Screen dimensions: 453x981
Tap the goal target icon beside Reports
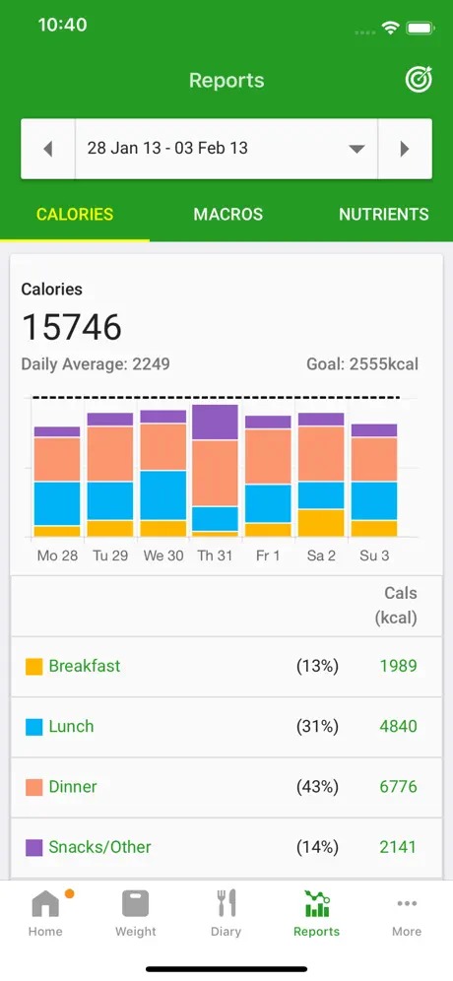[419, 80]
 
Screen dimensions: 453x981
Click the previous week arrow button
[48, 149]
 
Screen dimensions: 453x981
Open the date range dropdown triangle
[356, 149]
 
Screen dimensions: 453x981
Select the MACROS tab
[228, 214]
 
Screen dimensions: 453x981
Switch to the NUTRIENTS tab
[383, 214]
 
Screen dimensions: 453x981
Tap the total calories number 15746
[72, 327]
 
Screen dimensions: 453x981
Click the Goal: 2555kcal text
[362, 364]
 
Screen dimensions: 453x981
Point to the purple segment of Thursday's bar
[216, 423]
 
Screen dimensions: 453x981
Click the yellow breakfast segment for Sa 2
[321, 523]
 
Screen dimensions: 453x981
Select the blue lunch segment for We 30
[163, 495]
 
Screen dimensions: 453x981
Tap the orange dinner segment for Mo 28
[57, 459]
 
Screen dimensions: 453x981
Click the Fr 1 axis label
[268, 556]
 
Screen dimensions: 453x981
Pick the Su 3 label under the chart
[374, 556]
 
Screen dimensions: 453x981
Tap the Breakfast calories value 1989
[398, 666]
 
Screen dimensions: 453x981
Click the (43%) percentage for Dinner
[317, 787]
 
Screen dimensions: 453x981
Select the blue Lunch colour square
[33, 727]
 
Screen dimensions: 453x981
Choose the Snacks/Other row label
[100, 847]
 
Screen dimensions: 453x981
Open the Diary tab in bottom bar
[226, 913]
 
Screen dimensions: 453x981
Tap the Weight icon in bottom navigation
[136, 904]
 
